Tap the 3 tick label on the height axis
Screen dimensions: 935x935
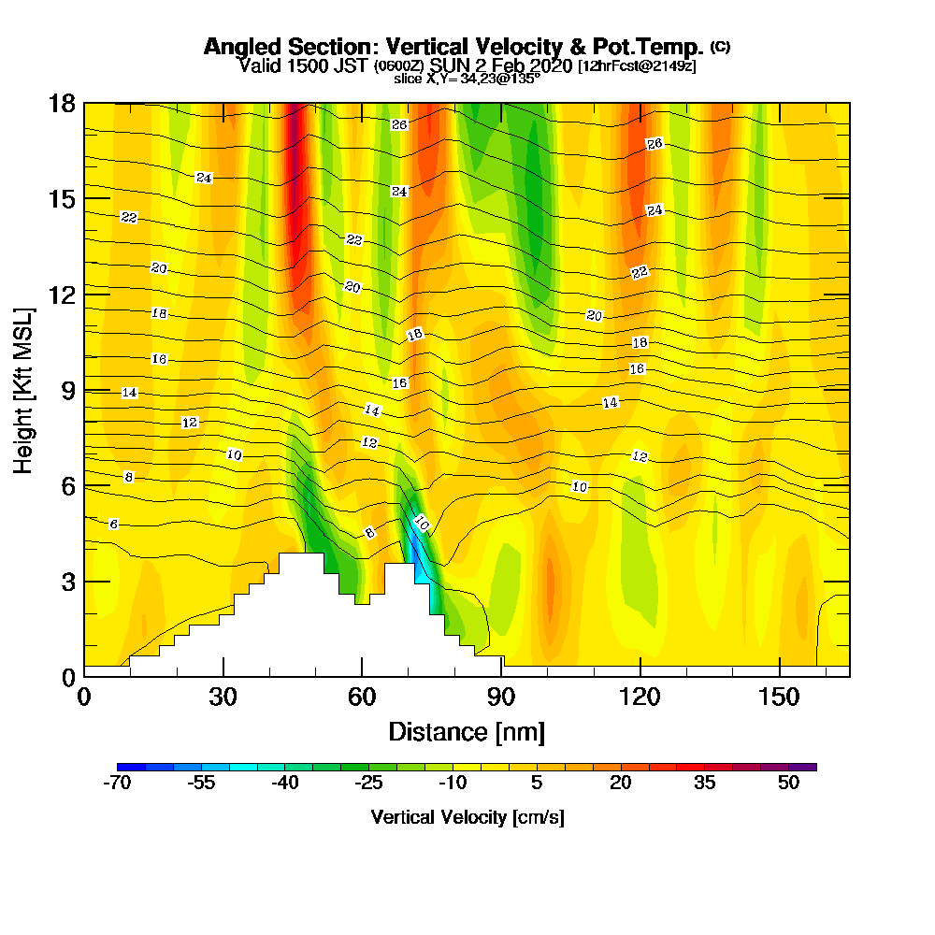[67, 582]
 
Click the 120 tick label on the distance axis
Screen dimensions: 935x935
[640, 698]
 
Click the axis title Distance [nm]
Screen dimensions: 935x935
[467, 731]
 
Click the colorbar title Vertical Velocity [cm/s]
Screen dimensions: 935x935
[467, 817]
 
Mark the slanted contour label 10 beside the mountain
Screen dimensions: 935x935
[421, 525]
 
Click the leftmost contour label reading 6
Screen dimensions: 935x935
[113, 524]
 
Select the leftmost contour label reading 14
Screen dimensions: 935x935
[130, 393]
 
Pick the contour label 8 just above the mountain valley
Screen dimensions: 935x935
[369, 533]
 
